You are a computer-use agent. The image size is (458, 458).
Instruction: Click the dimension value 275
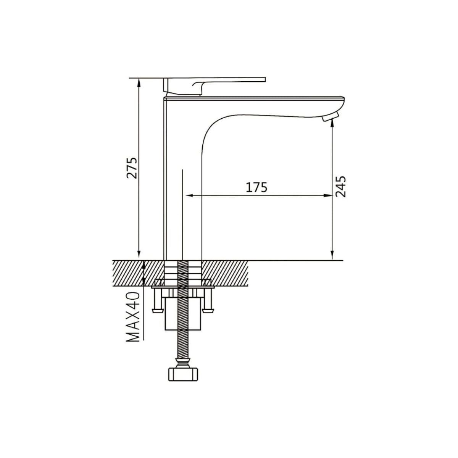click(x=132, y=168)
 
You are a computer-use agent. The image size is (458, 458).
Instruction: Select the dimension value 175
click(x=256, y=187)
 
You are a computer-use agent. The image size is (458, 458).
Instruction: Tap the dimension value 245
click(x=340, y=187)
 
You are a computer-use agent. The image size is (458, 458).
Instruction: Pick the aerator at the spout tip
click(x=330, y=116)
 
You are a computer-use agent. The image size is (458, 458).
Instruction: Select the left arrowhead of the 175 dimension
click(x=189, y=196)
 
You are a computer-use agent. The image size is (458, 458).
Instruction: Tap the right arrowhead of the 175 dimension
click(x=328, y=196)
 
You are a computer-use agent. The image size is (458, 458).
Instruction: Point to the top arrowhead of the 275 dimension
click(x=139, y=82)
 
